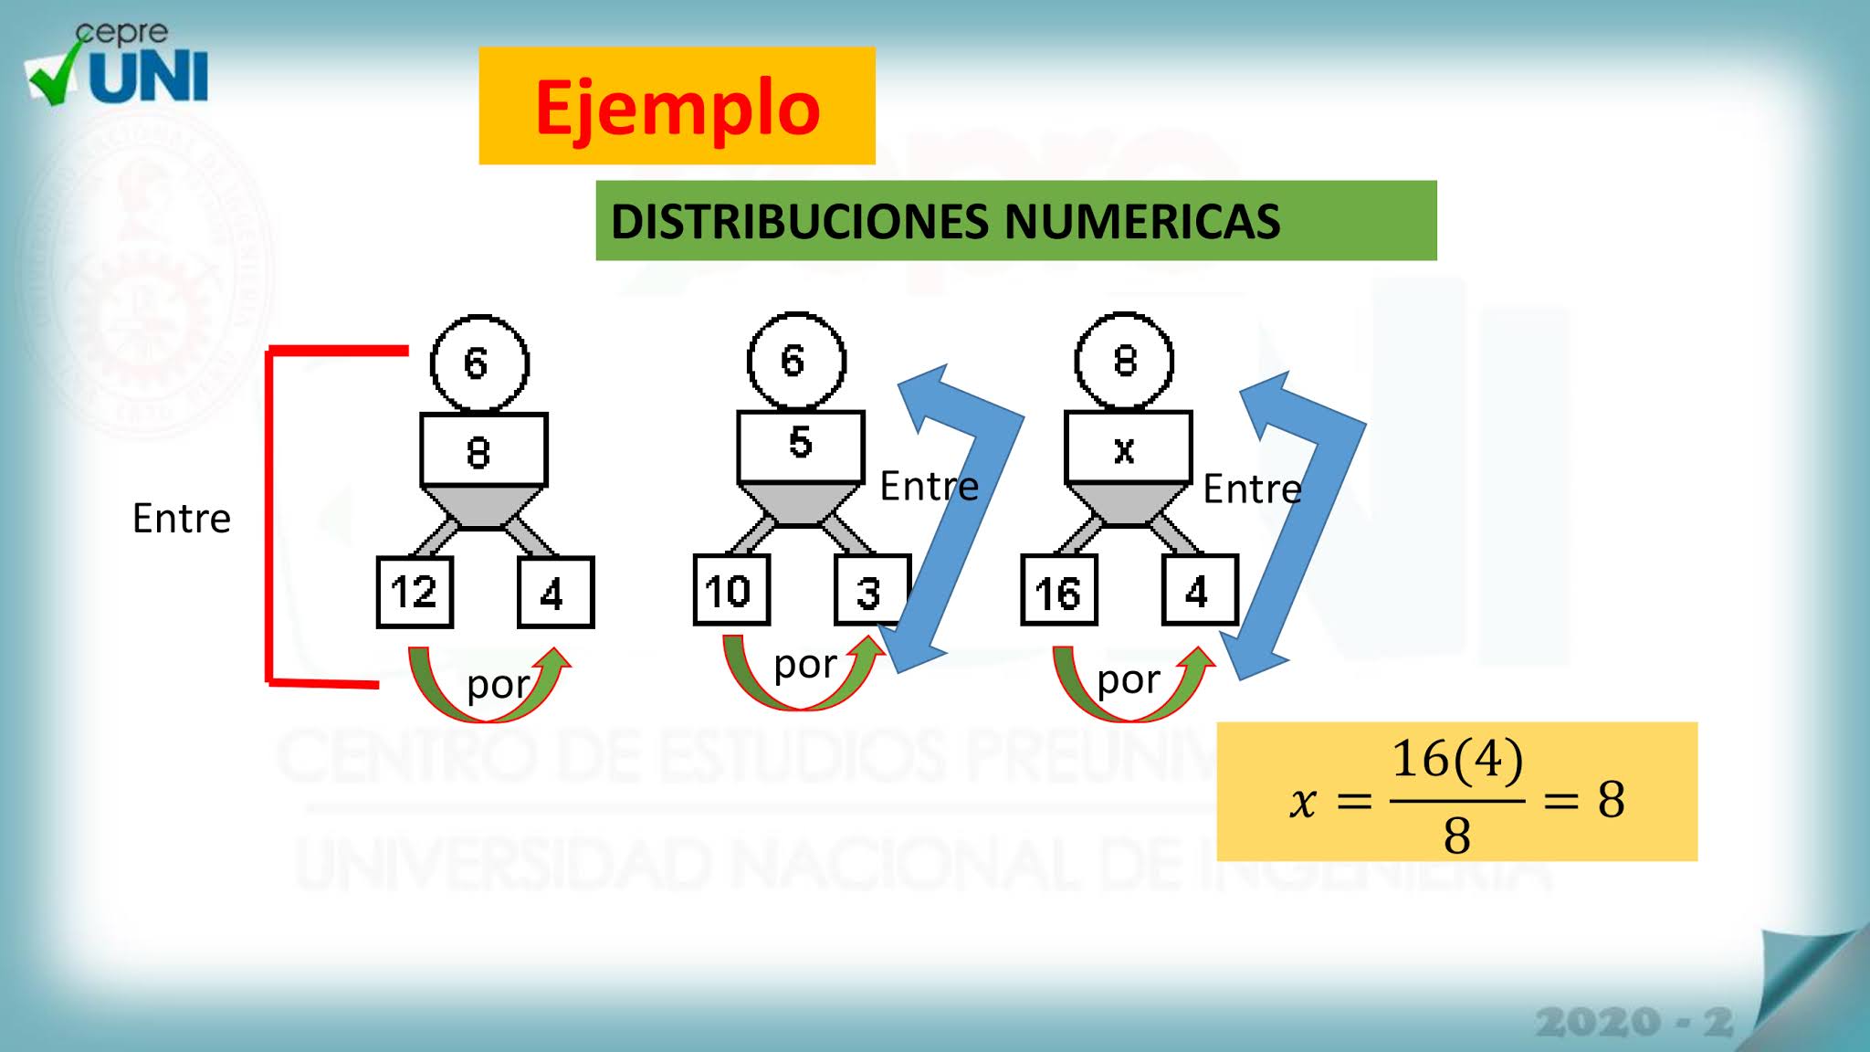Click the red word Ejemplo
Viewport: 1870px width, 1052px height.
(677, 108)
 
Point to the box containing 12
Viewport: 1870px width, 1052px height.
(415, 593)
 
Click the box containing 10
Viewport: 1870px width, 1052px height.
(730, 591)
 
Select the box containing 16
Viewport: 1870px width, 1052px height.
(1058, 591)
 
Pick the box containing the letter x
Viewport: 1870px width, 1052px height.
(1128, 447)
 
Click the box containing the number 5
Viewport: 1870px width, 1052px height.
(800, 446)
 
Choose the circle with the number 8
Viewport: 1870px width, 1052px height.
(1124, 362)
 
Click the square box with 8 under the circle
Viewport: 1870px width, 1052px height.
(483, 450)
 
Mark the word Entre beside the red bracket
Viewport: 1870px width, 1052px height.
(181, 519)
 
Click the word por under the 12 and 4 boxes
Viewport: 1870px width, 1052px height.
(497, 685)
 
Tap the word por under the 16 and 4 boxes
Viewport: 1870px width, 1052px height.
(1128, 680)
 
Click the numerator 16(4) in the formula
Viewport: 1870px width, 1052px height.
(1457, 760)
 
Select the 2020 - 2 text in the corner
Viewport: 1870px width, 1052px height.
(1634, 1022)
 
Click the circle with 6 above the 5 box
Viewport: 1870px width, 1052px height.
(796, 362)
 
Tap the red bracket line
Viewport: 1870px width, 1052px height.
(268, 516)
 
